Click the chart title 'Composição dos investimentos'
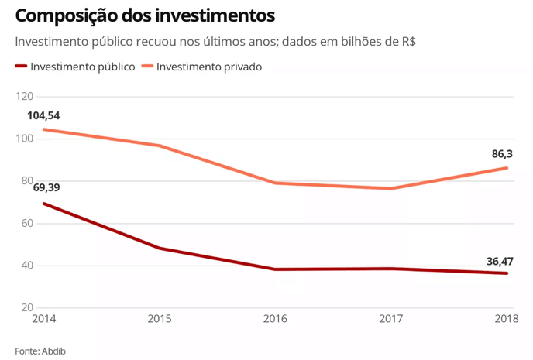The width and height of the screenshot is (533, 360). point(144,15)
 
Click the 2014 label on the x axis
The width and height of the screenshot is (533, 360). point(43,319)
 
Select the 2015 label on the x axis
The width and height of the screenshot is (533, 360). point(159,319)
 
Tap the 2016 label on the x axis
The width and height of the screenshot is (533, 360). point(275,319)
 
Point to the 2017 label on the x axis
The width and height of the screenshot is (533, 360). point(391,319)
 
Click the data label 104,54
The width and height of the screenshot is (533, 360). point(43,116)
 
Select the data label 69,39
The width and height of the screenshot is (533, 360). point(46,187)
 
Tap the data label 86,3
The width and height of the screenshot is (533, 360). point(503,154)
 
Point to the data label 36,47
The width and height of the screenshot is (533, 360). point(500,261)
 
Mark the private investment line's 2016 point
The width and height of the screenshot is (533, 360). point(275,183)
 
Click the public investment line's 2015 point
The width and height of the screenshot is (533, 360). point(159,248)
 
